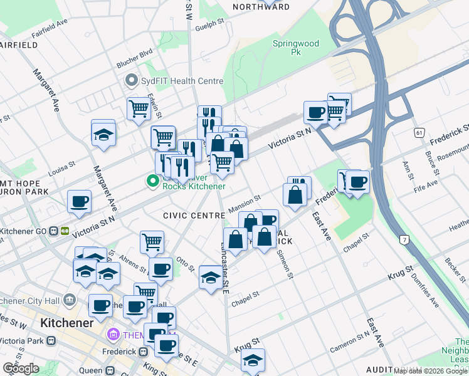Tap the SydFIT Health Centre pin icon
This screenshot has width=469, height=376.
(x=131, y=81)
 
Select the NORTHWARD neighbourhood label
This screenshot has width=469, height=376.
(x=261, y=7)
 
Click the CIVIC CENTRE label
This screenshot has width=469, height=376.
(x=194, y=216)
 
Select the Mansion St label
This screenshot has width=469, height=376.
(x=244, y=202)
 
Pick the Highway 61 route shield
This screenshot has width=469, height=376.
(x=419, y=133)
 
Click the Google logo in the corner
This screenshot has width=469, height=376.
(x=21, y=368)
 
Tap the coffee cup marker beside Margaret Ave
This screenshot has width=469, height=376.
(x=79, y=202)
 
